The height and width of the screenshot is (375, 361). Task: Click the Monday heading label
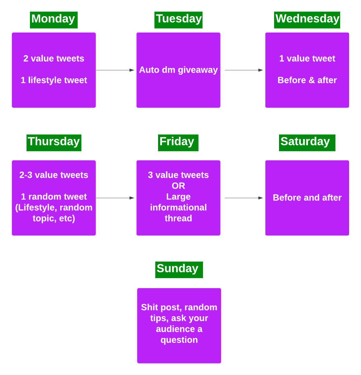coord(54,20)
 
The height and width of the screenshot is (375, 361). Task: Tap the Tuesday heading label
coord(178,20)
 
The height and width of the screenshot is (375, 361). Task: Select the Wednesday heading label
coord(307,20)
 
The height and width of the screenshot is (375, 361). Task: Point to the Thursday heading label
coord(54,142)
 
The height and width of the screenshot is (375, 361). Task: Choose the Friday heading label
coord(178,142)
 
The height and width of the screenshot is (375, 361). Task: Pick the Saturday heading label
coord(307,142)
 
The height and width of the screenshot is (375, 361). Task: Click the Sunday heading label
coord(179,269)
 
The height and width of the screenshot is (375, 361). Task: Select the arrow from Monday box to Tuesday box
coord(115,70)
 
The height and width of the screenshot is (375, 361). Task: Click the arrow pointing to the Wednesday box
coord(243,70)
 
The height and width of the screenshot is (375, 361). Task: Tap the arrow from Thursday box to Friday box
coord(115,198)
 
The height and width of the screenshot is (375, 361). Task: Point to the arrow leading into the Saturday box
coord(243,198)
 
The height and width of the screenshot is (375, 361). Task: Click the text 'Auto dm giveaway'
coord(178,70)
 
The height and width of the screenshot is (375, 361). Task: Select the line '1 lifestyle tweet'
coord(54,80)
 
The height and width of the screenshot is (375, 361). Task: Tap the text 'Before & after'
coord(307,80)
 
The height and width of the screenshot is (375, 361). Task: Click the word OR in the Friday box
coord(178,186)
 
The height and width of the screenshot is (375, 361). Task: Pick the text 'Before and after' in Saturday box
coord(307,198)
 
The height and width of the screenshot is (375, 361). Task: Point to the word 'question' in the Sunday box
coord(179,340)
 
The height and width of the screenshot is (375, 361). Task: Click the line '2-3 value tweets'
coord(54,175)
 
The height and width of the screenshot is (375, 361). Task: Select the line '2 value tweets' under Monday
coord(54,59)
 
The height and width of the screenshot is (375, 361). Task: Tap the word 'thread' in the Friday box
coord(178,218)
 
